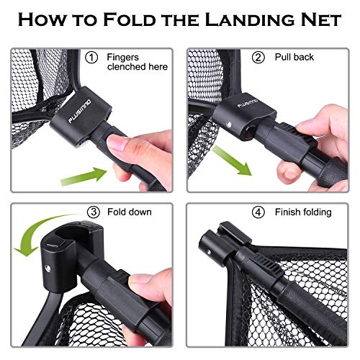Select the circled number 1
click(91, 57)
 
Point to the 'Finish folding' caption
click(302, 212)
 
